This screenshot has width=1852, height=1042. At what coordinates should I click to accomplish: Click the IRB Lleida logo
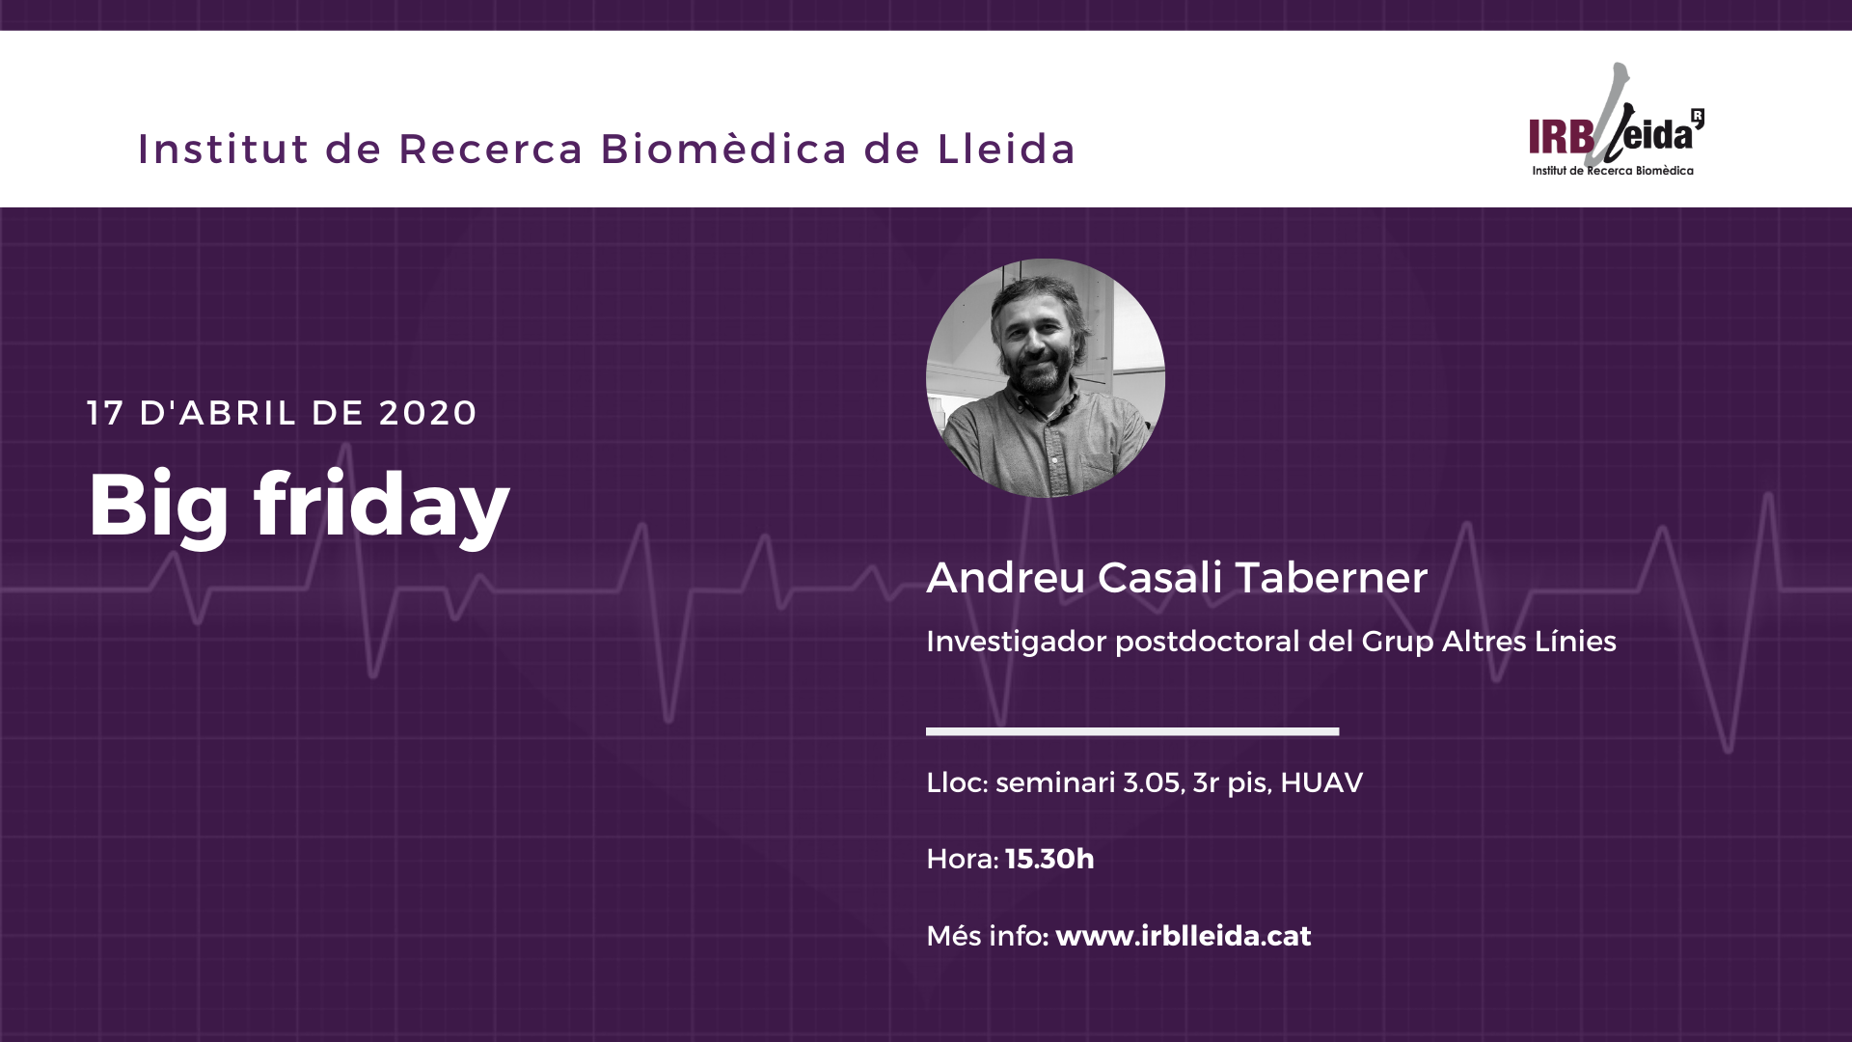[x=1617, y=120]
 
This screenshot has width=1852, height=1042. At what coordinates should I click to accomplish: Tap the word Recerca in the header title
[x=491, y=149]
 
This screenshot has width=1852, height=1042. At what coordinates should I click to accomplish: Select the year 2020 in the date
[x=428, y=413]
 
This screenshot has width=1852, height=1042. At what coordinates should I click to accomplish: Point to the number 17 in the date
[x=105, y=413]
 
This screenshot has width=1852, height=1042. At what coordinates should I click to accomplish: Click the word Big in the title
[x=159, y=507]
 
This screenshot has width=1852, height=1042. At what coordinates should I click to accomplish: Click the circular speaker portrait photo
[x=1046, y=378]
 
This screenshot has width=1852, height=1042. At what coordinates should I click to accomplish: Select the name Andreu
[x=1006, y=577]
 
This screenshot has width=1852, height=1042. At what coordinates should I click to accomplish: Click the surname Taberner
[x=1331, y=577]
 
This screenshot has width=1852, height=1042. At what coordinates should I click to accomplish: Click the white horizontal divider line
[x=1132, y=731]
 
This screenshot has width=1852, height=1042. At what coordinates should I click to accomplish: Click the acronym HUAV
[x=1321, y=782]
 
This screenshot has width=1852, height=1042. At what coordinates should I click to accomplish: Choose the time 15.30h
[x=1049, y=859]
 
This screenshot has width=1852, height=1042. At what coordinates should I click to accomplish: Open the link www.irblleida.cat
[x=1184, y=936]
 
